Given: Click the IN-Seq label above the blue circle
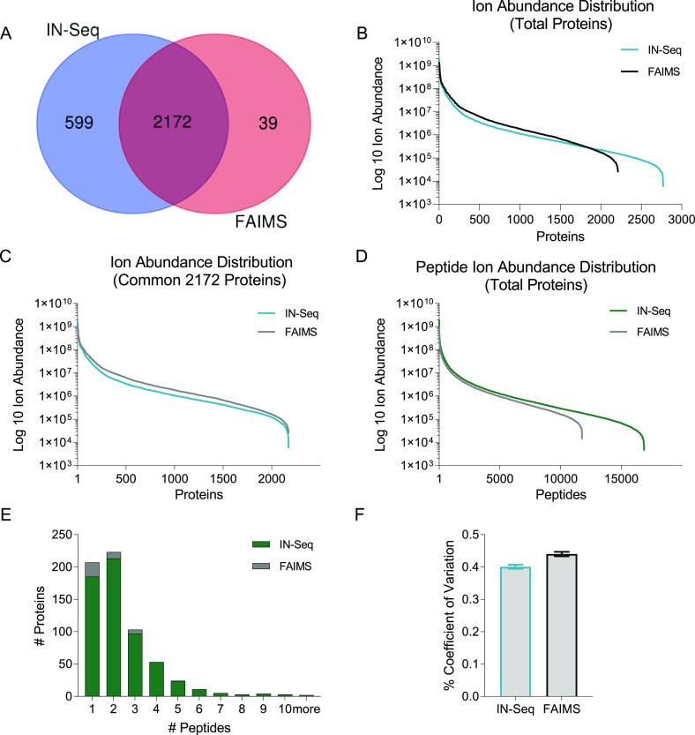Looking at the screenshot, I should coord(72,31).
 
